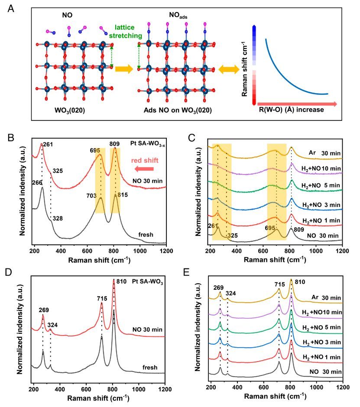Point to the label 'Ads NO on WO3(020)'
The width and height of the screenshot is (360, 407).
[x=178, y=110]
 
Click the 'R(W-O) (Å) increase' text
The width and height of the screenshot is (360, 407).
[x=291, y=110]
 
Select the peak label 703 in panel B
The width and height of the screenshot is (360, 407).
[x=92, y=196]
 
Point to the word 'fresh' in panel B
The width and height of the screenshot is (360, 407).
[x=146, y=234]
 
